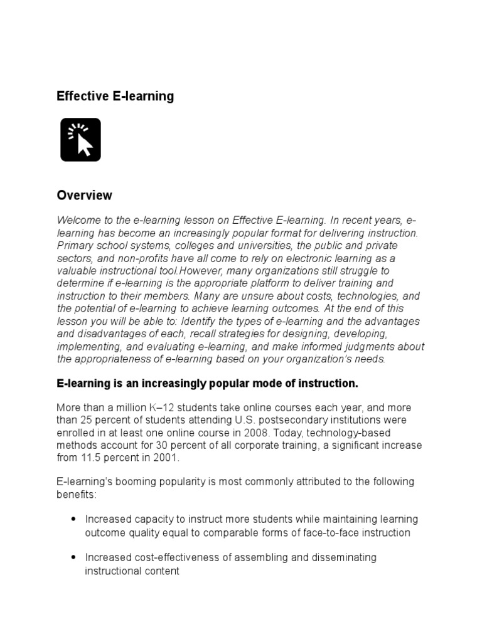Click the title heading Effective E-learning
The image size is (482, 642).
115,96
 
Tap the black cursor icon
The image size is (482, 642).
80,139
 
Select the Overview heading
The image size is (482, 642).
84,195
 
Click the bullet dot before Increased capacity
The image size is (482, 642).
73,520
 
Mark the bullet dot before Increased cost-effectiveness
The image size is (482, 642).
73,557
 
